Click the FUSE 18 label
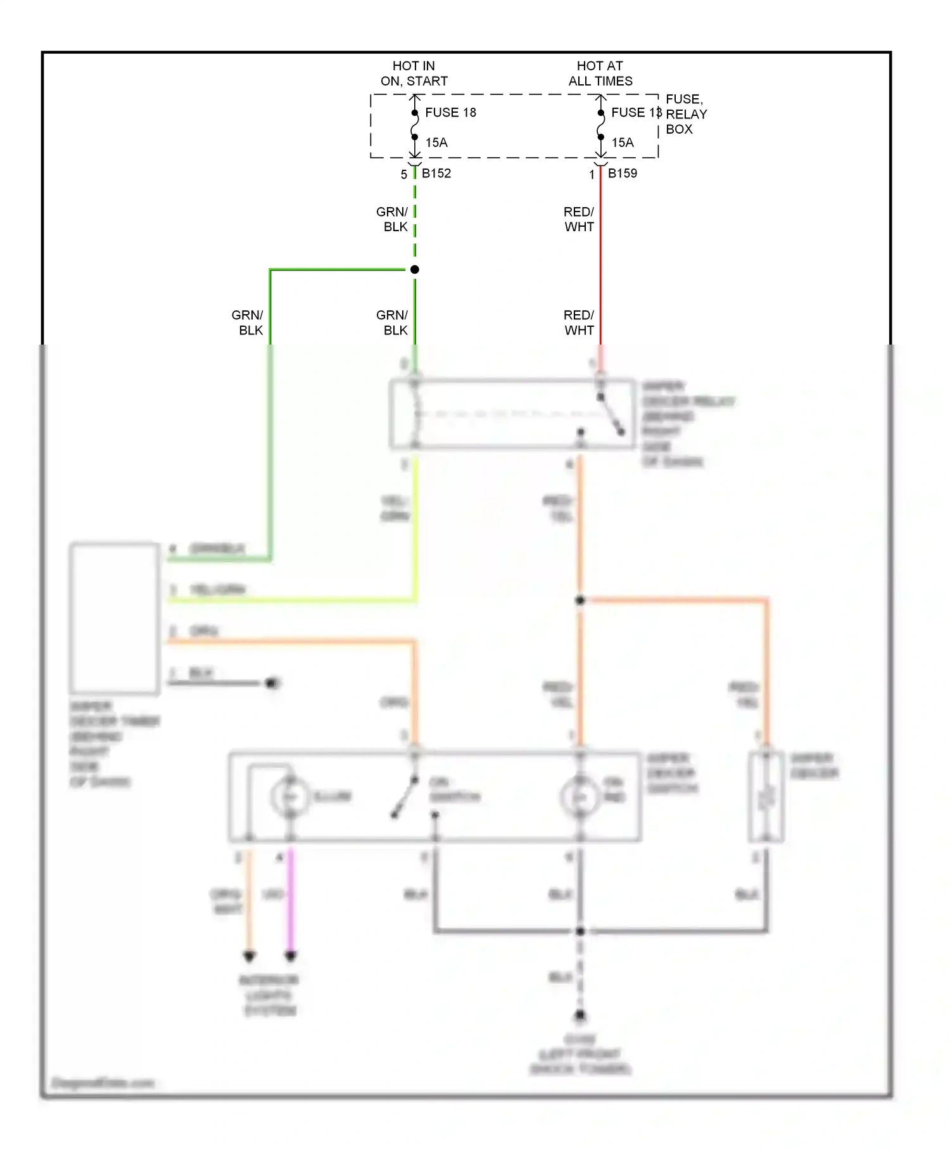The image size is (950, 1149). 450,113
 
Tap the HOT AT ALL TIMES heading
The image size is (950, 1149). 600,73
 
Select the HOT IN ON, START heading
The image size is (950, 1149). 414,73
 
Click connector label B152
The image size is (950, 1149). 436,173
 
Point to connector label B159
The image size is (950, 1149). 622,173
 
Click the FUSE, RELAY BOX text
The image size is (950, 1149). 685,114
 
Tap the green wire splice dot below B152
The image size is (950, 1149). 415,270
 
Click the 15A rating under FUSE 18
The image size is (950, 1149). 436,143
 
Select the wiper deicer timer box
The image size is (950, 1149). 115,618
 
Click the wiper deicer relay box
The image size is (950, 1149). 512,414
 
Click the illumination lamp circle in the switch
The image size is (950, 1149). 290,797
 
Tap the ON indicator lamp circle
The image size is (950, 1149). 579,797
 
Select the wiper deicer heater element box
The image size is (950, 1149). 766,797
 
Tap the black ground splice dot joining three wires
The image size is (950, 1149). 580,931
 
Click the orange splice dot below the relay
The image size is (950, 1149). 580,600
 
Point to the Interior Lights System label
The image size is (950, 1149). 269,995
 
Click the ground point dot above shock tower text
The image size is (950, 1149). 580,1015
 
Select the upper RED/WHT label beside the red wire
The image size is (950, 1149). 579,219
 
